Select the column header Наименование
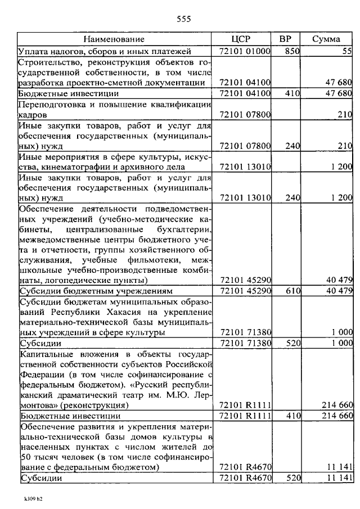114,39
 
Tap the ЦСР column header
241,39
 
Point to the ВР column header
285,39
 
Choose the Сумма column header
326,39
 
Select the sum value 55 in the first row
346,51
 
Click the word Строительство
48,61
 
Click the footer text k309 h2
33,498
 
